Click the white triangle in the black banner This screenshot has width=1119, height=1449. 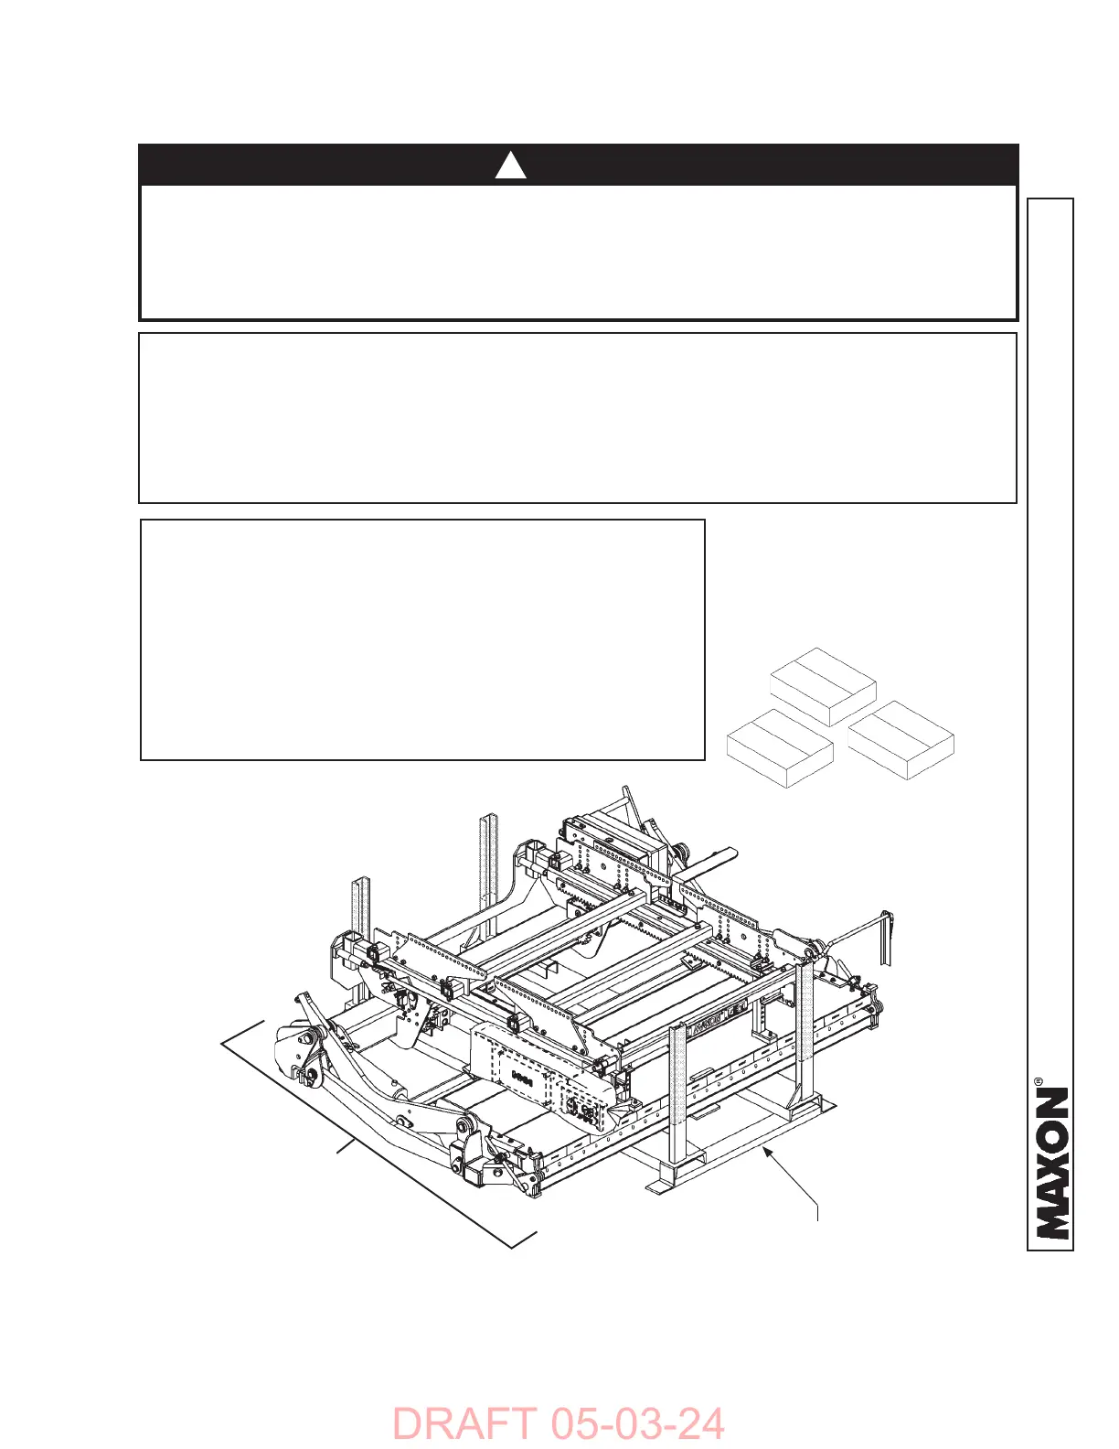click(511, 166)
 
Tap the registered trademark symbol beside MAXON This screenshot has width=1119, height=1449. click(1039, 1082)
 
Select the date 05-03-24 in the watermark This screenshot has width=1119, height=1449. click(637, 1424)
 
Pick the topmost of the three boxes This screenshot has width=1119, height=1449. click(824, 686)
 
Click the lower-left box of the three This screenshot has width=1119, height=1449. click(780, 748)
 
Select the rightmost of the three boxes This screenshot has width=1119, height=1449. click(901, 740)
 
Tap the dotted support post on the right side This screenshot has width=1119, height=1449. click(805, 1025)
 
